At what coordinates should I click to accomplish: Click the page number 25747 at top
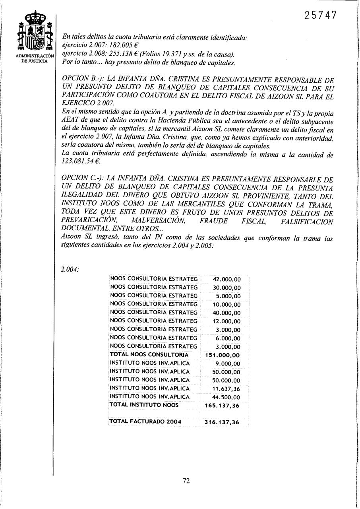(321, 16)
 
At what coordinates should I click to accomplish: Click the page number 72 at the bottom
(186, 481)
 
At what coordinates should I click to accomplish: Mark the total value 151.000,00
(223, 355)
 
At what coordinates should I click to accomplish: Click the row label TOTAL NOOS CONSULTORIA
(149, 354)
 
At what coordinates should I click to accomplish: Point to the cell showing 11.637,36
(226, 389)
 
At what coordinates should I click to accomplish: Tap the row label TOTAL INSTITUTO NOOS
(144, 405)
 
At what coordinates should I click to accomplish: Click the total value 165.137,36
(223, 406)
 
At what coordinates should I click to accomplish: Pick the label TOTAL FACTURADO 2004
(145, 422)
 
